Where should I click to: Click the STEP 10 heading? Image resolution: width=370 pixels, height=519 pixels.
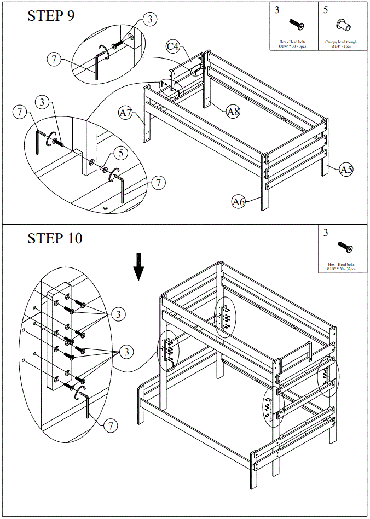[x=55, y=238]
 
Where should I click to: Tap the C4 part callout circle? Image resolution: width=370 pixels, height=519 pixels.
[x=174, y=46]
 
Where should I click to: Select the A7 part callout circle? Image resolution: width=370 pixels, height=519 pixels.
[x=126, y=113]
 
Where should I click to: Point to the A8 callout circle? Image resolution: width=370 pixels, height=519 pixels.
[x=234, y=111]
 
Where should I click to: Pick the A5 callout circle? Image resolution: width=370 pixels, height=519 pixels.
[x=346, y=170]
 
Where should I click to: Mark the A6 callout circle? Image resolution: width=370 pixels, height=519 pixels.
[x=239, y=202]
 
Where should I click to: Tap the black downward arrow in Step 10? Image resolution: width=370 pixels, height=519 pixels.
[x=140, y=266]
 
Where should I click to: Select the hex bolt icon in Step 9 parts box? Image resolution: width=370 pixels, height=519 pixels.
[x=296, y=25]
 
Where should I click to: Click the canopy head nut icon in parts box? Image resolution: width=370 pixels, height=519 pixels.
[x=344, y=25]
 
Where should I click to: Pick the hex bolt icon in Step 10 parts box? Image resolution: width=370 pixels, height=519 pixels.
[x=345, y=246]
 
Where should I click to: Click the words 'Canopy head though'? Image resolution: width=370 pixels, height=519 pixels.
[x=341, y=42]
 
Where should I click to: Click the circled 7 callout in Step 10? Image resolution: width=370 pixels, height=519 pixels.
[x=111, y=425]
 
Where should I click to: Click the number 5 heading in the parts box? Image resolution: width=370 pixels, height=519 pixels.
[x=326, y=10]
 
